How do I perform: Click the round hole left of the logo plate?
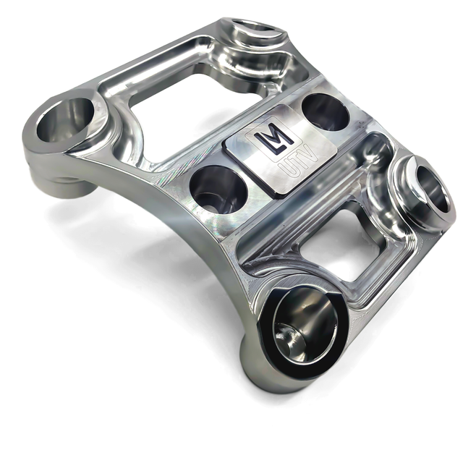tap(218, 189)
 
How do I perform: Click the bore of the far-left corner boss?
tap(65, 119)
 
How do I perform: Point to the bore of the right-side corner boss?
tap(427, 190)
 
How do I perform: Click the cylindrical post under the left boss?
tap(69, 184)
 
